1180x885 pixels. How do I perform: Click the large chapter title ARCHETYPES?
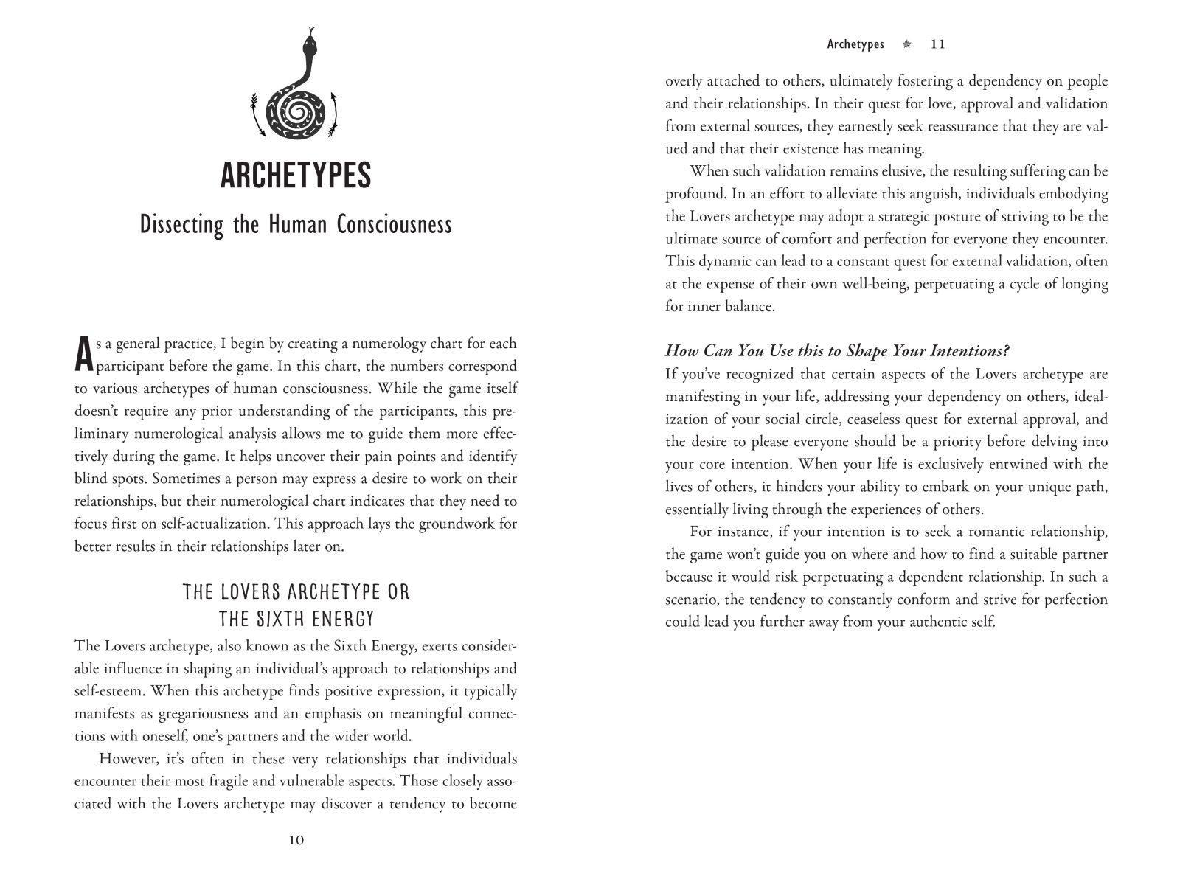click(x=296, y=176)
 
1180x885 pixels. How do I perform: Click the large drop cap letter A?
click(x=84, y=355)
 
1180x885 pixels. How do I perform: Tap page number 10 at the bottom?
click(x=296, y=840)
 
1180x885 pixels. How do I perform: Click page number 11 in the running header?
click(x=938, y=44)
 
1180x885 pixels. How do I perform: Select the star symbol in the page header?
click(x=907, y=44)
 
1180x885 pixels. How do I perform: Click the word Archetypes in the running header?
click(x=855, y=44)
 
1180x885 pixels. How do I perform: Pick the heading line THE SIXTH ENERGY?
click(x=296, y=619)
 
